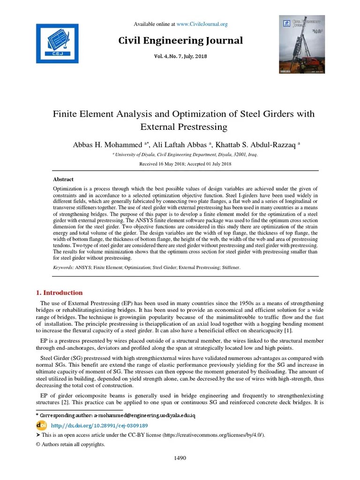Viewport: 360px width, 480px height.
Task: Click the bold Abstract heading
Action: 63,179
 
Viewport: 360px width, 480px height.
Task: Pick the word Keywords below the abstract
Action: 63,268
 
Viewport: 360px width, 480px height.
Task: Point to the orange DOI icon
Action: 41,425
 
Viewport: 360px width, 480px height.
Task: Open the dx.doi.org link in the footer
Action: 99,426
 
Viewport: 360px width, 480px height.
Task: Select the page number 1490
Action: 180,458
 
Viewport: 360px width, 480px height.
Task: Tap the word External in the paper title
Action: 164,127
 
